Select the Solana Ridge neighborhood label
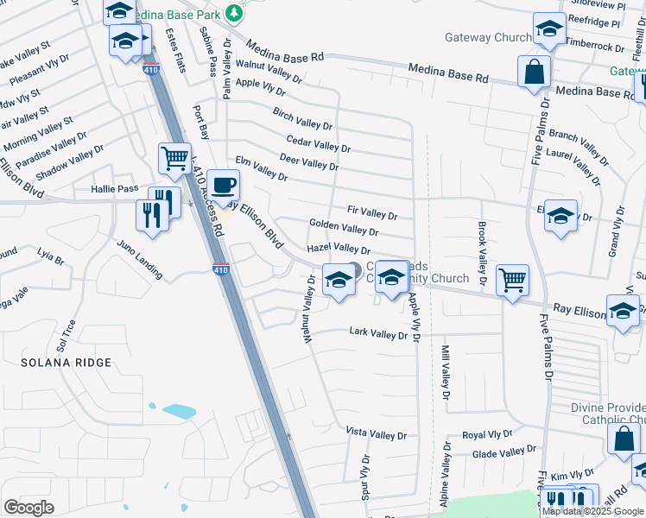click(66, 363)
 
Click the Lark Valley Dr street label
click(377, 332)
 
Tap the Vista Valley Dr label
click(376, 433)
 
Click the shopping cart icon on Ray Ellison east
click(513, 280)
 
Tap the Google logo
click(29, 508)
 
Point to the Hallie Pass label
click(115, 188)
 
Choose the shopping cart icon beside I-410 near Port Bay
click(174, 159)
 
